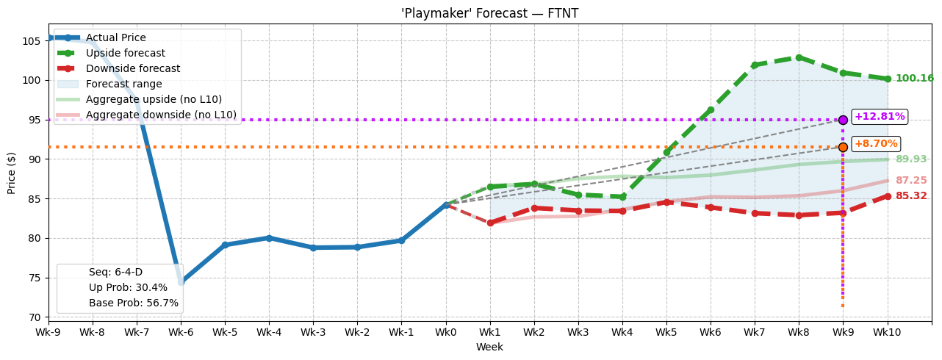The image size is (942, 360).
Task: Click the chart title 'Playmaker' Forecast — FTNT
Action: pos(489,13)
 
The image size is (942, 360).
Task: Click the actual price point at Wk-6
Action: pos(181,282)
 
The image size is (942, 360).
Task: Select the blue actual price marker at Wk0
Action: pos(446,205)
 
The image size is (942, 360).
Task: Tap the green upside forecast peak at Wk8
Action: pos(799,57)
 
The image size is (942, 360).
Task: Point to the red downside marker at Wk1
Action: pos(490,223)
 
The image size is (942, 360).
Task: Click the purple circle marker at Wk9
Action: pos(843,120)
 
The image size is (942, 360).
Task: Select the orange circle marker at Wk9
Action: pos(843,147)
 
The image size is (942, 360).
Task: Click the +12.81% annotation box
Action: pos(879,117)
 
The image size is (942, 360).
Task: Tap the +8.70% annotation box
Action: pos(875,144)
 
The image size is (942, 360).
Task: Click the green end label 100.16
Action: pos(914,79)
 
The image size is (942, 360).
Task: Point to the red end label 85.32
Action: pos(910,196)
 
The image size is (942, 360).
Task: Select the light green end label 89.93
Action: pos(910,159)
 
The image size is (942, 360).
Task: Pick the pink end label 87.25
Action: pos(910,181)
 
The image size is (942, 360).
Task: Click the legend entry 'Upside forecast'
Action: pos(125,54)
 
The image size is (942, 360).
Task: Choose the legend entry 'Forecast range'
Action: pos(123,84)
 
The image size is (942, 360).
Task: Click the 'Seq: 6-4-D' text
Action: pos(115,273)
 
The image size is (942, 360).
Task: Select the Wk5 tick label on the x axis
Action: pos(666,333)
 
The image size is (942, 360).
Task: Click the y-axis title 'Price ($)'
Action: pos(12,173)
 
